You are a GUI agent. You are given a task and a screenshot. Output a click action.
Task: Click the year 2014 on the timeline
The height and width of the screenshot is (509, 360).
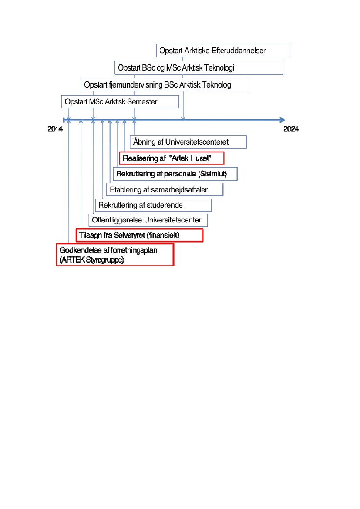(x=55, y=129)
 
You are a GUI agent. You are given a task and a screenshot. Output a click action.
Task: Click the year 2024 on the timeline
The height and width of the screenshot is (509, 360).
(x=291, y=129)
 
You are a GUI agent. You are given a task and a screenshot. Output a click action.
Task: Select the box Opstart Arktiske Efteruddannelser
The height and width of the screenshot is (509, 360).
(x=223, y=51)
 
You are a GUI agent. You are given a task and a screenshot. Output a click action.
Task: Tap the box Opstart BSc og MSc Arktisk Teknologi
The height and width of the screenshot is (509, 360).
(x=199, y=68)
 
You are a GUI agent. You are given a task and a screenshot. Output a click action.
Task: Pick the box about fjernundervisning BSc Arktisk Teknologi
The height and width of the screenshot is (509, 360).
(x=165, y=84)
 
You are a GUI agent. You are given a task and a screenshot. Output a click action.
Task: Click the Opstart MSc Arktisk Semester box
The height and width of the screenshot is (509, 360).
(x=120, y=102)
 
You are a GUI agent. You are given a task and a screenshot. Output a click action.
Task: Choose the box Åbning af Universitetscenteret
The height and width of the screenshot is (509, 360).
(x=188, y=142)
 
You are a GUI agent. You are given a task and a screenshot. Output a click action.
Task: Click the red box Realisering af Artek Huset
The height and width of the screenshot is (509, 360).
(x=172, y=158)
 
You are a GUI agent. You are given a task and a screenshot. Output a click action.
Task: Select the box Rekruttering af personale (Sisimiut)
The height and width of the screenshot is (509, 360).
(x=175, y=174)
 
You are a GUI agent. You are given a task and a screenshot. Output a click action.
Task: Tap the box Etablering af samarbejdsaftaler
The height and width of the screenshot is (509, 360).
(x=165, y=189)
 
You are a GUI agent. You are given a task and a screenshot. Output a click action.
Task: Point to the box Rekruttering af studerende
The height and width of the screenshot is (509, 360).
(x=153, y=205)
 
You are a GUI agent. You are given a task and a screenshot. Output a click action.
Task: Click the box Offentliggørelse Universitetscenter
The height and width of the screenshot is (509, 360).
(x=148, y=220)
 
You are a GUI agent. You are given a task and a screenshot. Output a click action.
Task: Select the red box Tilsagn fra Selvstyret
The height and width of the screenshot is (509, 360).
(x=139, y=235)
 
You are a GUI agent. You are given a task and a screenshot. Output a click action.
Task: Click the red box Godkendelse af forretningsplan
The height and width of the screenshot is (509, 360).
(x=115, y=255)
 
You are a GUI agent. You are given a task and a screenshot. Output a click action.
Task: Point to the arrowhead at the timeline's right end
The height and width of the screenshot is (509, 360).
(x=283, y=120)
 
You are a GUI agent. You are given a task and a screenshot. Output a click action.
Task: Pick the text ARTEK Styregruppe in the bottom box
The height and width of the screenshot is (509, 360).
(x=92, y=260)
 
